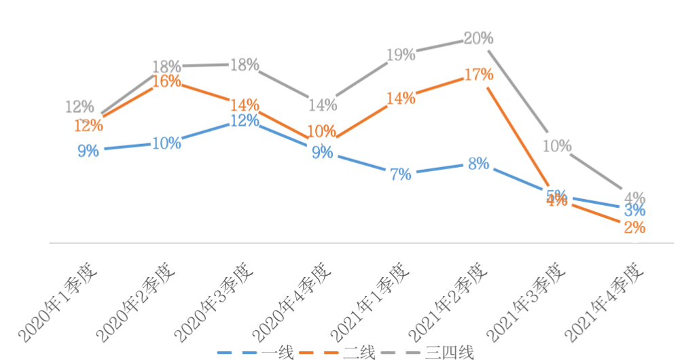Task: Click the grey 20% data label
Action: pos(478,39)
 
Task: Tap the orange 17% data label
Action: pos(478,75)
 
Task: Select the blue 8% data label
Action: pos(478,164)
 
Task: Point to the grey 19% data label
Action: pos(401,55)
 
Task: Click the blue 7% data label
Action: pos(401,175)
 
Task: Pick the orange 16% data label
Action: pos(166,82)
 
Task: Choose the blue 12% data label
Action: pos(245,121)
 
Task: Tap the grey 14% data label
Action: pos(323,105)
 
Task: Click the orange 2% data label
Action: pos(634,228)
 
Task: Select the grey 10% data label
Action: pos(557,146)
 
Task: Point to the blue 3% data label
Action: pos(634,211)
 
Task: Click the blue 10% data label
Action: pos(166,143)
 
